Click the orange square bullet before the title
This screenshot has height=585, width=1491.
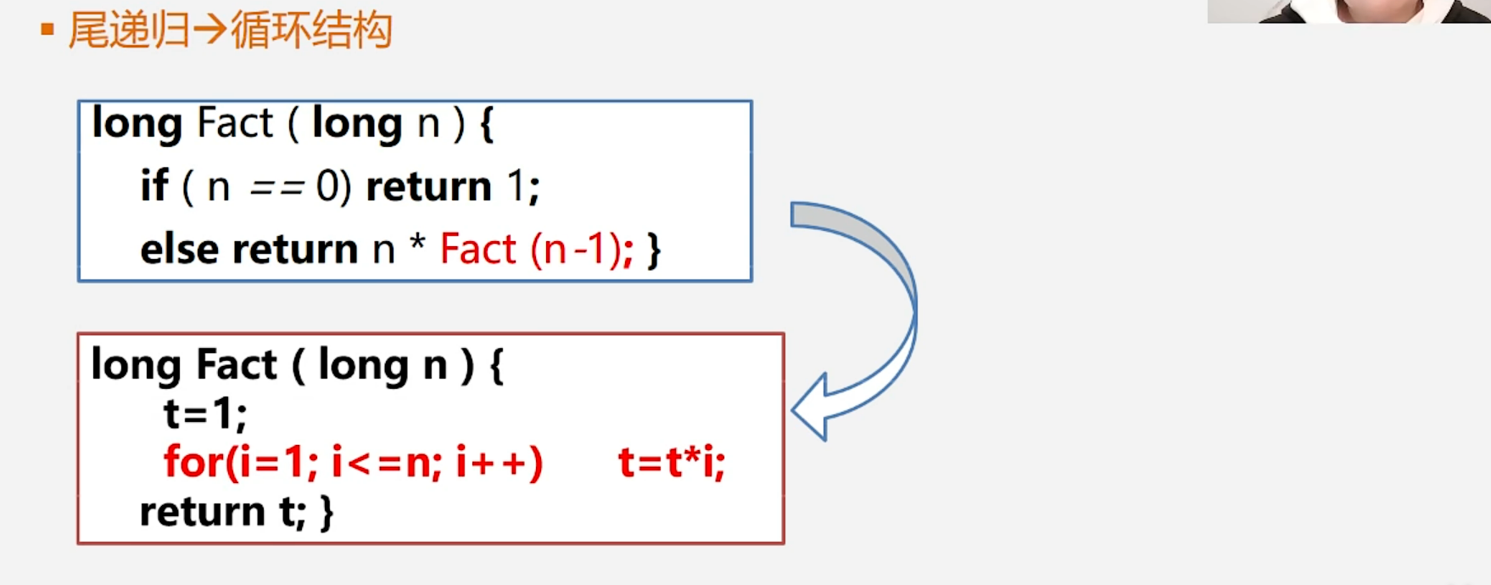coord(47,31)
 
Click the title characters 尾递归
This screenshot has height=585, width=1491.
coord(129,31)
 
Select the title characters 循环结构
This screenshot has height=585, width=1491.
coord(311,31)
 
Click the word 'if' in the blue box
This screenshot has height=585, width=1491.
coord(154,186)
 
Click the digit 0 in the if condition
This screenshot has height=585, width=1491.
coord(327,186)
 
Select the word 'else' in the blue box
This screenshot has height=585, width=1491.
coord(179,250)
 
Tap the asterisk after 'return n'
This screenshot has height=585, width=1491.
coord(417,245)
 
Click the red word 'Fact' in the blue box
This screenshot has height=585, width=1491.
coord(477,250)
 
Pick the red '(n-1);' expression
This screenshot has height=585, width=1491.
coord(582,250)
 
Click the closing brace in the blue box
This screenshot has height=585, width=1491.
coord(653,250)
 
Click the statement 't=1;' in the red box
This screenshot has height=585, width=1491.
coord(205,414)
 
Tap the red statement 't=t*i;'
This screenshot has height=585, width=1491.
coord(672,464)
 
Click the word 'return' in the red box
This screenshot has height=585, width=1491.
coord(203,512)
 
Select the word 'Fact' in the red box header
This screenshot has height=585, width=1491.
coord(237,365)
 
